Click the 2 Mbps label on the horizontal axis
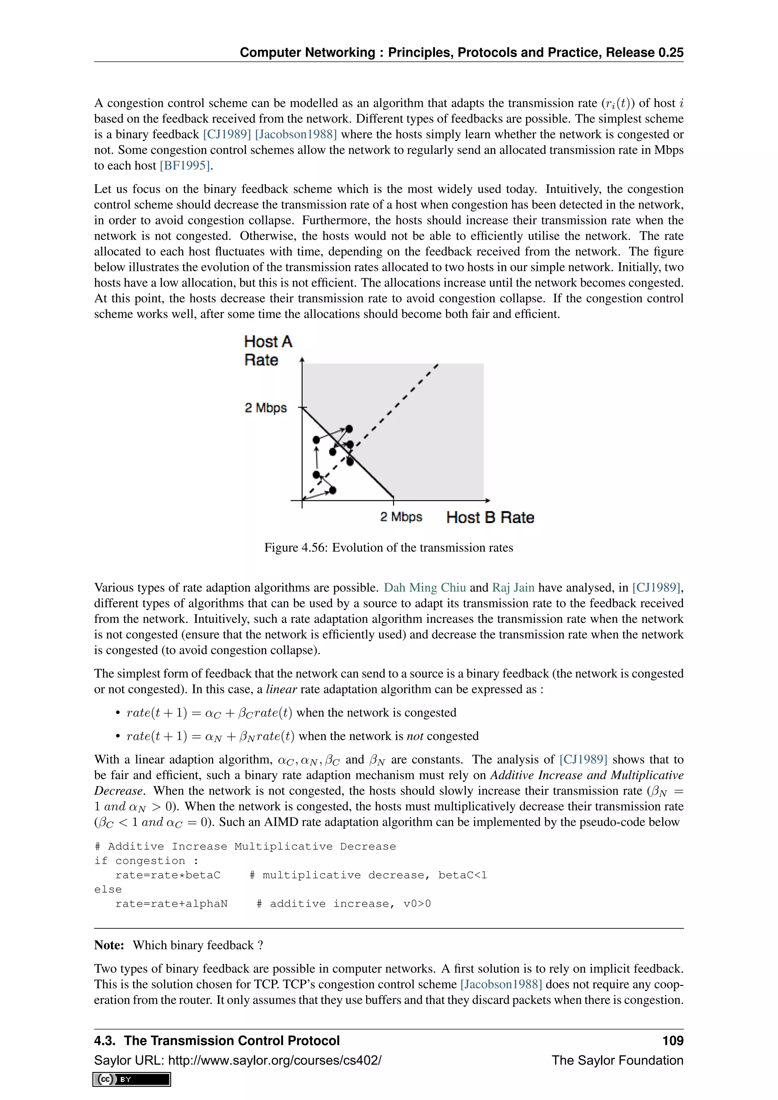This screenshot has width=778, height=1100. click(x=401, y=517)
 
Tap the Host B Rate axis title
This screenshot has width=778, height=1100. click(x=490, y=517)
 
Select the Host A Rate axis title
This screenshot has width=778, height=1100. click(x=267, y=351)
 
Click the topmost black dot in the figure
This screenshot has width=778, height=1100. click(x=349, y=429)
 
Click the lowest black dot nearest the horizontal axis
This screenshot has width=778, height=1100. click(x=333, y=490)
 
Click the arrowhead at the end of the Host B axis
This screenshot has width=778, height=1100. click(x=487, y=501)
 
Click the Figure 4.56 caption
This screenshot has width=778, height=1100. click(x=389, y=548)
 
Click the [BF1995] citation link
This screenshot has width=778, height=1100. click(x=185, y=166)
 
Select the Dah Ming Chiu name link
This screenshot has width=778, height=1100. click(x=424, y=588)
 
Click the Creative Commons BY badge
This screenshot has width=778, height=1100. click(x=132, y=1079)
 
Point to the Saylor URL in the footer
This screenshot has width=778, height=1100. click(x=237, y=1060)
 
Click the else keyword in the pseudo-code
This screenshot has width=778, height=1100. click(x=108, y=890)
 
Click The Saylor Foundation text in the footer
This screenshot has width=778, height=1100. click(x=617, y=1060)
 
